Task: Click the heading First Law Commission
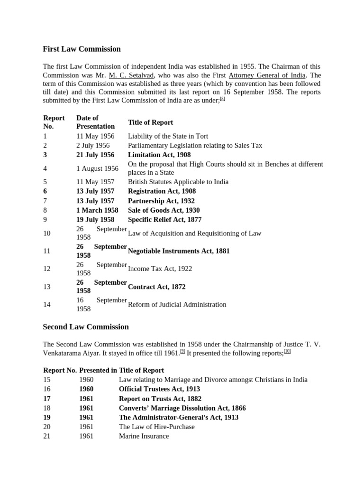82,49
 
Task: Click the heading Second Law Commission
86,327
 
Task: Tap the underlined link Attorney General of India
267,75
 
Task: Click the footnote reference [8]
222,99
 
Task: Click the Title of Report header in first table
150,122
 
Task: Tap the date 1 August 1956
97,168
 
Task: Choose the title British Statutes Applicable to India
178,182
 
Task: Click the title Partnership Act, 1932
161,201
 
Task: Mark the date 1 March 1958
98,210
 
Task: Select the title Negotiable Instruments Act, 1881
179,251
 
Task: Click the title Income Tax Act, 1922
160,269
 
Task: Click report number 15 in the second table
47,380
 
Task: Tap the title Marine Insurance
144,436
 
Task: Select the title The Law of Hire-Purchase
156,427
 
